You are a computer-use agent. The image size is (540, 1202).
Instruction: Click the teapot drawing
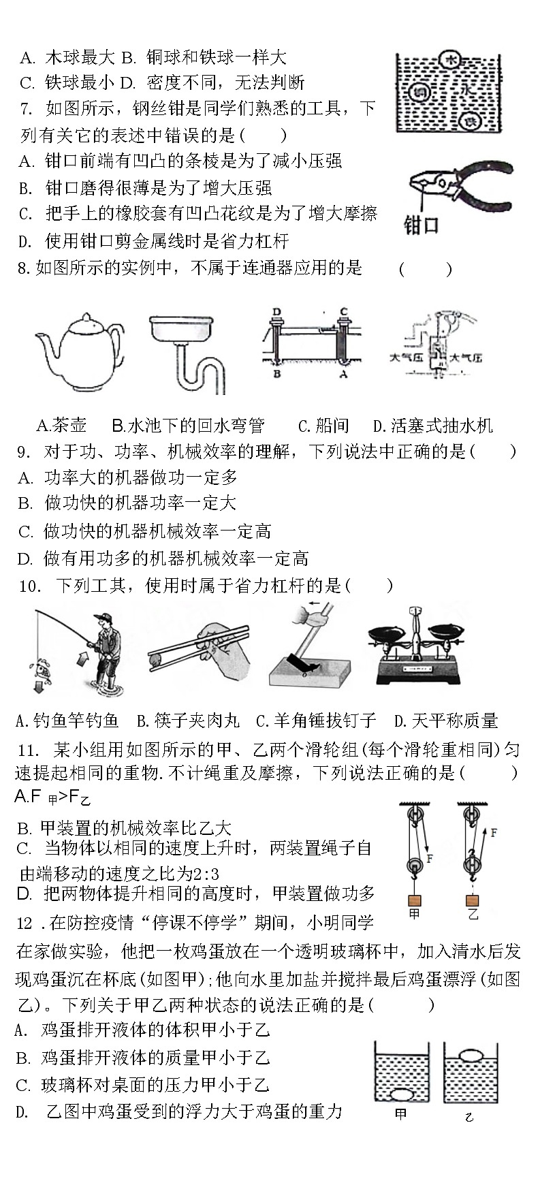click(x=80, y=352)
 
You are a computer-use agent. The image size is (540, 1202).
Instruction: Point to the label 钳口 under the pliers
click(x=421, y=225)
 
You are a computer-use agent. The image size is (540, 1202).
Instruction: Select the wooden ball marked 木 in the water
click(x=450, y=61)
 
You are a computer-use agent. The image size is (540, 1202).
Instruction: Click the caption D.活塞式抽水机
click(x=432, y=426)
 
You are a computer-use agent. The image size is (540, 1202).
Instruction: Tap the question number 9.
click(x=22, y=452)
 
